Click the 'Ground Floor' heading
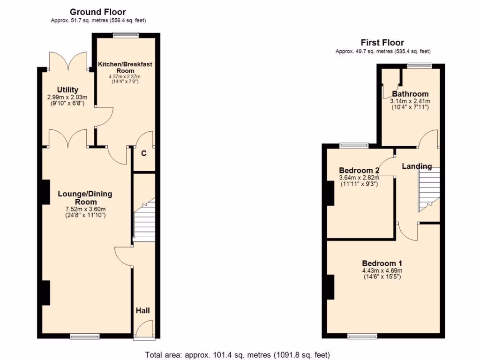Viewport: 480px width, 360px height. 97,12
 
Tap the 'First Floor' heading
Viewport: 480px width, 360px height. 382,43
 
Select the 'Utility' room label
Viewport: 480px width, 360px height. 68,90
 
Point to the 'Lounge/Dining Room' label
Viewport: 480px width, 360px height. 85,197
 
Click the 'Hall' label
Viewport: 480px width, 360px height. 143,310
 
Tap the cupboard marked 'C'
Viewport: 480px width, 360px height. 143,153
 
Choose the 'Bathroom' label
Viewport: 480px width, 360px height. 410,94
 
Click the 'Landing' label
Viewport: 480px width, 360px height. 417,166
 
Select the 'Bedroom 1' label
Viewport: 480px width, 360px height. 382,263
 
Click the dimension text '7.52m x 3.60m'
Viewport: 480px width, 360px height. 85,209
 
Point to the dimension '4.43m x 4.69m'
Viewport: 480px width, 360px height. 382,270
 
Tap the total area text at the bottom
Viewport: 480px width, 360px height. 239,354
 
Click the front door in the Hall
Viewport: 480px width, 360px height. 144,330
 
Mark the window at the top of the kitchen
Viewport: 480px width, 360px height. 126,34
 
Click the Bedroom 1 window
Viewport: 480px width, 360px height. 362,336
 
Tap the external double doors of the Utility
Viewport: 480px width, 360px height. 68,61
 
